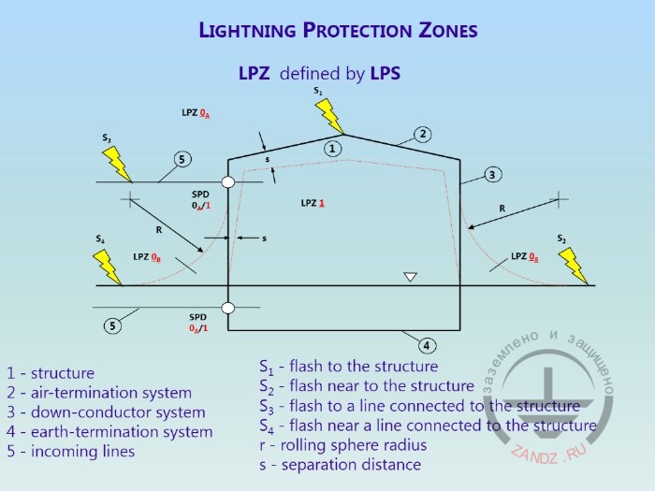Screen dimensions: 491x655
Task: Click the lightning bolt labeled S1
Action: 329,116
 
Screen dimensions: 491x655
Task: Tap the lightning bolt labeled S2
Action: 574,266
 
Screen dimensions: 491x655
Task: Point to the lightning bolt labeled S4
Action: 109,266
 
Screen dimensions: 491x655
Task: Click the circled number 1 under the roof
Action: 334,148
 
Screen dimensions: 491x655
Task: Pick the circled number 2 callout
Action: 423,134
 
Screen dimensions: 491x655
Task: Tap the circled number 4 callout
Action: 427,345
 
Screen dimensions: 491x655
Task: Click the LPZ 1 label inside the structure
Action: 313,202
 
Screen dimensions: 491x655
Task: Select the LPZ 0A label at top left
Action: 196,112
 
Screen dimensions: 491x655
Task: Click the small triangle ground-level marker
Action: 409,277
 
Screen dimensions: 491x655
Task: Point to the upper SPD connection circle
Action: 227,182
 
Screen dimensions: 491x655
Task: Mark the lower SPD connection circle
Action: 227,308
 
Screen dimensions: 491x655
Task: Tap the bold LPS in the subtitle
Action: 385,73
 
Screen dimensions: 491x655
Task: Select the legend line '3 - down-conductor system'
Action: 106,412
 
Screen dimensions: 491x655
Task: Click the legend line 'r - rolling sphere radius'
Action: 342,445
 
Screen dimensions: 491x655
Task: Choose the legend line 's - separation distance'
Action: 340,465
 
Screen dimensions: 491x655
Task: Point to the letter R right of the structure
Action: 502,208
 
